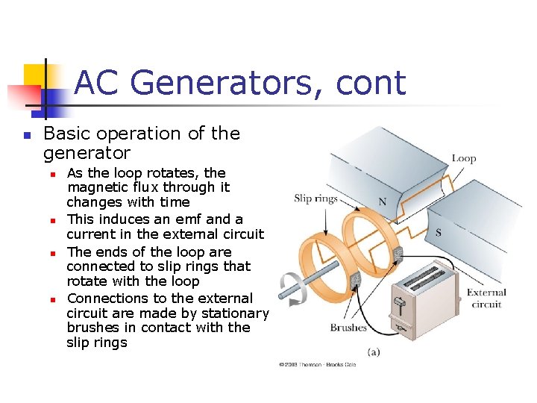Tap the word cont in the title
[371, 84]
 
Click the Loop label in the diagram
[463, 158]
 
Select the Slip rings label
[315, 199]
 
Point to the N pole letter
[383, 201]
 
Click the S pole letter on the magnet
[438, 233]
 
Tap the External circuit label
[486, 299]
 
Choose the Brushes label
[348, 327]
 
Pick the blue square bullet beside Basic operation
[25, 136]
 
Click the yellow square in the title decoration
[35, 75]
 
